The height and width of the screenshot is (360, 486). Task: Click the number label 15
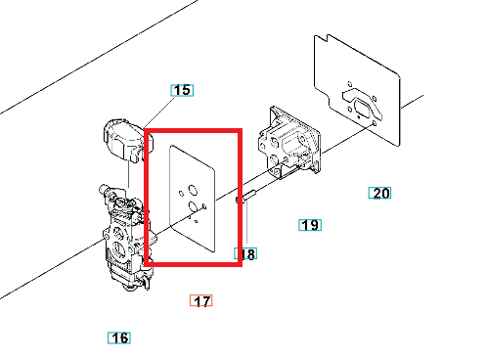(x=182, y=90)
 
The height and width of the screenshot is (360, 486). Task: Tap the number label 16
(x=119, y=337)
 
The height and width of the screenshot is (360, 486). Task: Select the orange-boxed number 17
(x=200, y=300)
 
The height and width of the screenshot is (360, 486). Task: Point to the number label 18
(x=245, y=253)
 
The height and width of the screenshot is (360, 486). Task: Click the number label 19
(x=310, y=225)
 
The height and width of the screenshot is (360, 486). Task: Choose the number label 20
(x=379, y=193)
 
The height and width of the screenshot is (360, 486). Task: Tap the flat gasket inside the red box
(x=193, y=199)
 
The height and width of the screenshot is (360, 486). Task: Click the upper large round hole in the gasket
(x=193, y=190)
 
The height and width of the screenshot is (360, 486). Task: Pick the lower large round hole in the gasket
(x=193, y=206)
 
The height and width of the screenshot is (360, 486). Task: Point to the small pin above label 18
(x=246, y=197)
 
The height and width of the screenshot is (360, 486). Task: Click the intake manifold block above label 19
(x=288, y=143)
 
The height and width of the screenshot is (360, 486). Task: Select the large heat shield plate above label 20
(x=357, y=90)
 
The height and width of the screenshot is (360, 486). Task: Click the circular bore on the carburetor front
(x=118, y=250)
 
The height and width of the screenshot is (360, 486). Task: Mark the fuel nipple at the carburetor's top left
(x=105, y=189)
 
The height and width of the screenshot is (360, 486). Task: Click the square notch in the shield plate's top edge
(x=321, y=38)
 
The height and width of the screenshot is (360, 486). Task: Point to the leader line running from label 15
(x=158, y=112)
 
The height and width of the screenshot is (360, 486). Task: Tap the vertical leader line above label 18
(x=246, y=222)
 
